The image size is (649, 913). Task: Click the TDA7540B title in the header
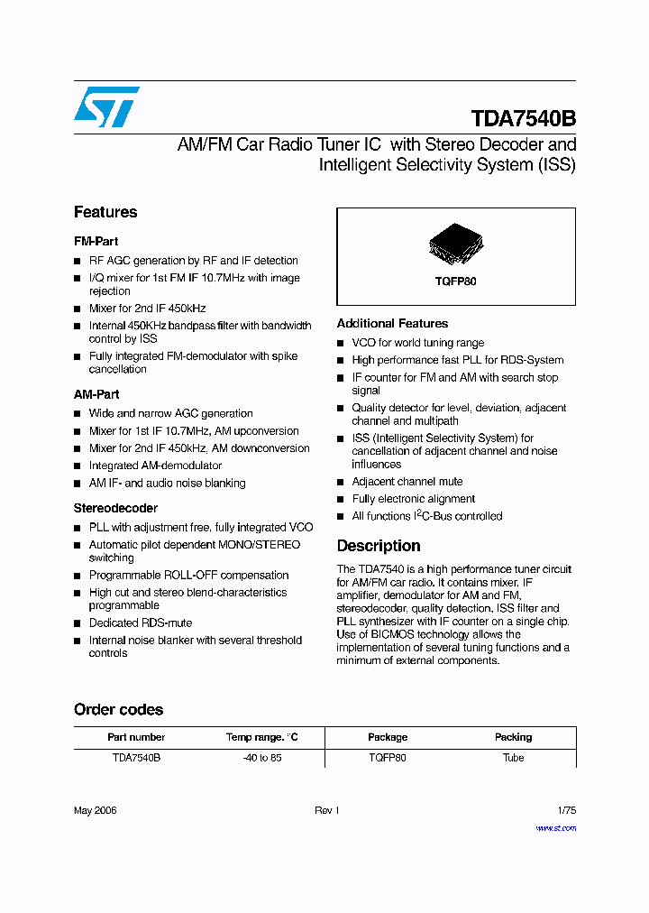click(523, 119)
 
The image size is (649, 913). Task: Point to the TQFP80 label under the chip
click(456, 281)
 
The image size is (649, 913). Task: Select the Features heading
click(105, 212)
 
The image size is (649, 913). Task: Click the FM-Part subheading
click(96, 242)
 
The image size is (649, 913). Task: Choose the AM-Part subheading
click(96, 394)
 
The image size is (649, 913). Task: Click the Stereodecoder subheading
click(115, 508)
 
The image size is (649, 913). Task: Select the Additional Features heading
click(392, 323)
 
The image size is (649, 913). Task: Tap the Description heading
click(379, 546)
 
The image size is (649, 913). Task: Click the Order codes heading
click(118, 710)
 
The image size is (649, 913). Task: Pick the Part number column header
click(136, 737)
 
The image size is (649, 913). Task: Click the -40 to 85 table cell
click(262, 758)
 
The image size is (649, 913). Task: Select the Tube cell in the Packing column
click(513, 758)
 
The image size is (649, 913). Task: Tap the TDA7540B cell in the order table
click(136, 758)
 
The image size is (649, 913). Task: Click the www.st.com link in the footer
click(555, 827)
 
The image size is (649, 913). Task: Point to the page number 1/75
click(565, 810)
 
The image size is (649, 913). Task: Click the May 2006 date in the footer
click(95, 810)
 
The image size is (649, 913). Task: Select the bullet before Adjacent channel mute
click(341, 483)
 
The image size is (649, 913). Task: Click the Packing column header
click(513, 737)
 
